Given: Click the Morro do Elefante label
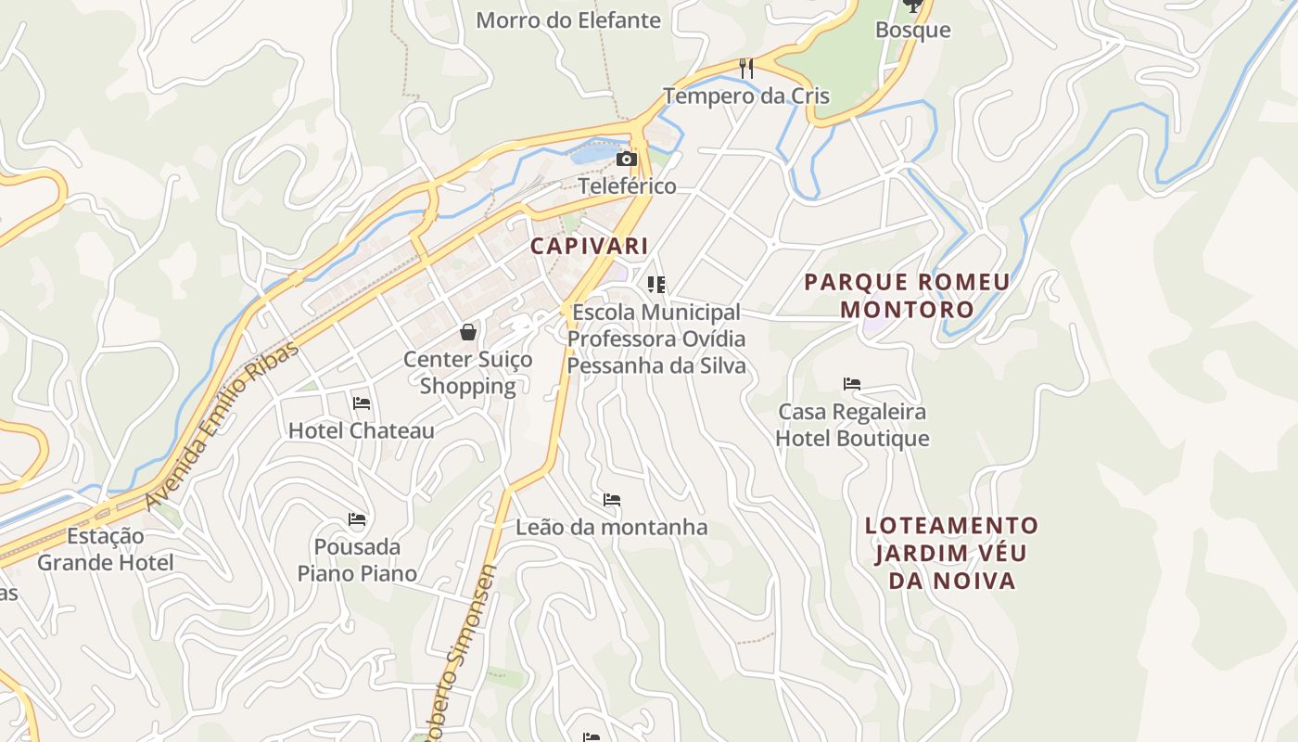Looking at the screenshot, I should point(568,19).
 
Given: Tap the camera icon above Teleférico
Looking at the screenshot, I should point(627,159).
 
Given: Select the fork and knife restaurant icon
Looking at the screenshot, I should point(746,68).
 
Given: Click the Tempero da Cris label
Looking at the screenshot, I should point(746,96).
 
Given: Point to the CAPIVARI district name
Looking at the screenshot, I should point(589,246).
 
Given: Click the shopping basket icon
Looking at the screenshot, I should point(469,331).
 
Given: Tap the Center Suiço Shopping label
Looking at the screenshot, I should point(468,372).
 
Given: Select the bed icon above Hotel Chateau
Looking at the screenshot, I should point(362,403).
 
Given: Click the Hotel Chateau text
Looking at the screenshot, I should point(362,430).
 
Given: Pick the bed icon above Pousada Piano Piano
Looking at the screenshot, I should point(357,518).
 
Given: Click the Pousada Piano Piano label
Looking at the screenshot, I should point(357,559).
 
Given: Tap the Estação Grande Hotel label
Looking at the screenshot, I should point(106,549).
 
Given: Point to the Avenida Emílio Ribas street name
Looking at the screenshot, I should point(223,426).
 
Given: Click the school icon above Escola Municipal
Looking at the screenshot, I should point(656,284).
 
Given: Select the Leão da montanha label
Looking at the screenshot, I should point(612,527).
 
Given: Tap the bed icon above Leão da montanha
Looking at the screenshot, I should point(612,500).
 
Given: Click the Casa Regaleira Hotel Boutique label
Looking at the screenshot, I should point(852,424).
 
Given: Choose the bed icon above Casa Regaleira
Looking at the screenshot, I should point(852,383).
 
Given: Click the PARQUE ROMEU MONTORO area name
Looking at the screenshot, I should point(908,295).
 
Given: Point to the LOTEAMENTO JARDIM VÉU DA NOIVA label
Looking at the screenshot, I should point(952,553).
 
